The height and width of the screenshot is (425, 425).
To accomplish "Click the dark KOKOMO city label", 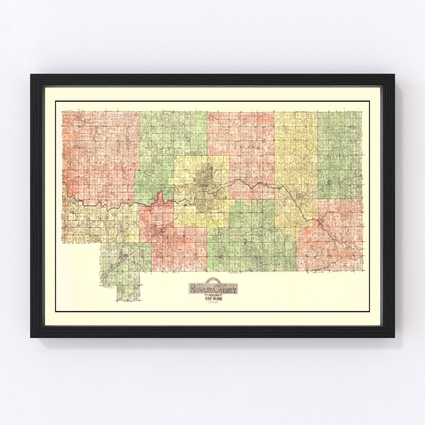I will [x=203, y=185].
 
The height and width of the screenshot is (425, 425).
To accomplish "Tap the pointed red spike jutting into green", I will [x=161, y=194].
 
